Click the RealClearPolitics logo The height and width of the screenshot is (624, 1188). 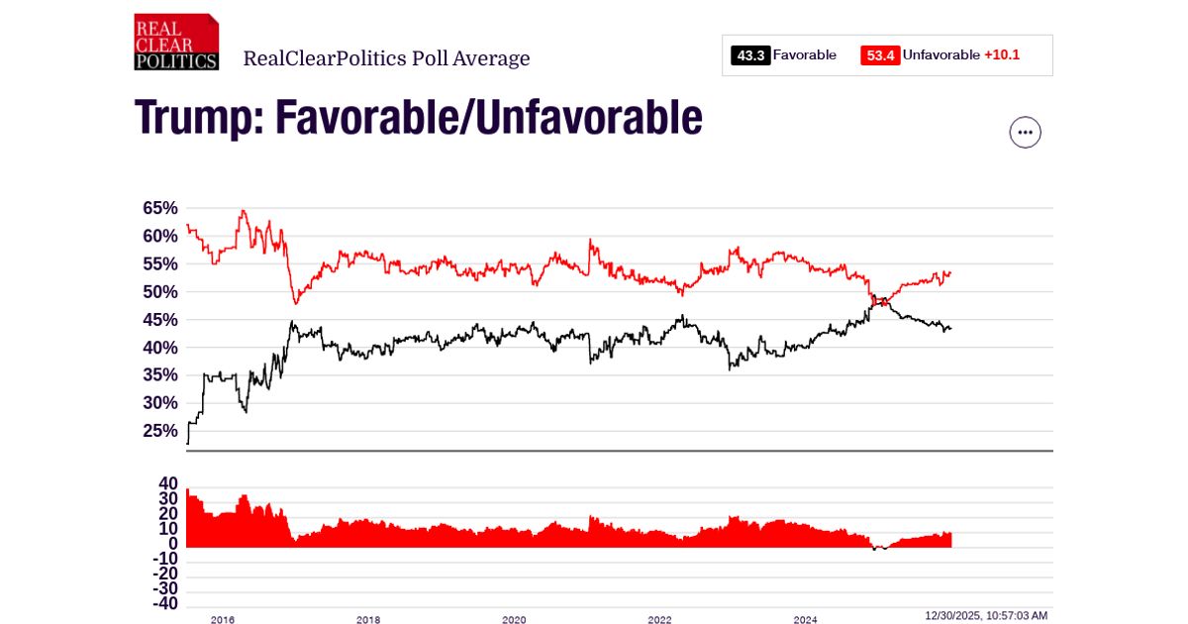(x=176, y=43)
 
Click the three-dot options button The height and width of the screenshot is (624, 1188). (x=1025, y=132)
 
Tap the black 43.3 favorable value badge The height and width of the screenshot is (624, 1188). (x=750, y=55)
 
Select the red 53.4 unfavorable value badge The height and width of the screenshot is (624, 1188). (x=880, y=55)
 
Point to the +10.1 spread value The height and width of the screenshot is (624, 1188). (x=1001, y=55)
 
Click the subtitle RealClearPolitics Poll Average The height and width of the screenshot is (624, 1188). (x=386, y=58)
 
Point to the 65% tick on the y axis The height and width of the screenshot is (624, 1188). (x=160, y=208)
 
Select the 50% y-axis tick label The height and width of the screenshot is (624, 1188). (x=160, y=291)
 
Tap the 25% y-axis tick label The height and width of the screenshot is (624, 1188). (x=160, y=430)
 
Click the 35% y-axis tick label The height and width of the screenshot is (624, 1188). (x=160, y=374)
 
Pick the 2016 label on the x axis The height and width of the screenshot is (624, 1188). (x=222, y=620)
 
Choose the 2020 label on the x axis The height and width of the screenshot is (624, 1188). (x=514, y=620)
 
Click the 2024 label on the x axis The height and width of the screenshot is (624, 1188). (x=805, y=620)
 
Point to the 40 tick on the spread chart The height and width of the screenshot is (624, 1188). (x=167, y=482)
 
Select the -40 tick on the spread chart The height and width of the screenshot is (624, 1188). (x=164, y=603)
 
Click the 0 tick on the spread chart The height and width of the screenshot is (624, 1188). (x=172, y=543)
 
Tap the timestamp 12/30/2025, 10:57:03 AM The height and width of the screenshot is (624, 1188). (x=986, y=616)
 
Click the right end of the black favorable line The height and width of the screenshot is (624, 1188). (x=950, y=329)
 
